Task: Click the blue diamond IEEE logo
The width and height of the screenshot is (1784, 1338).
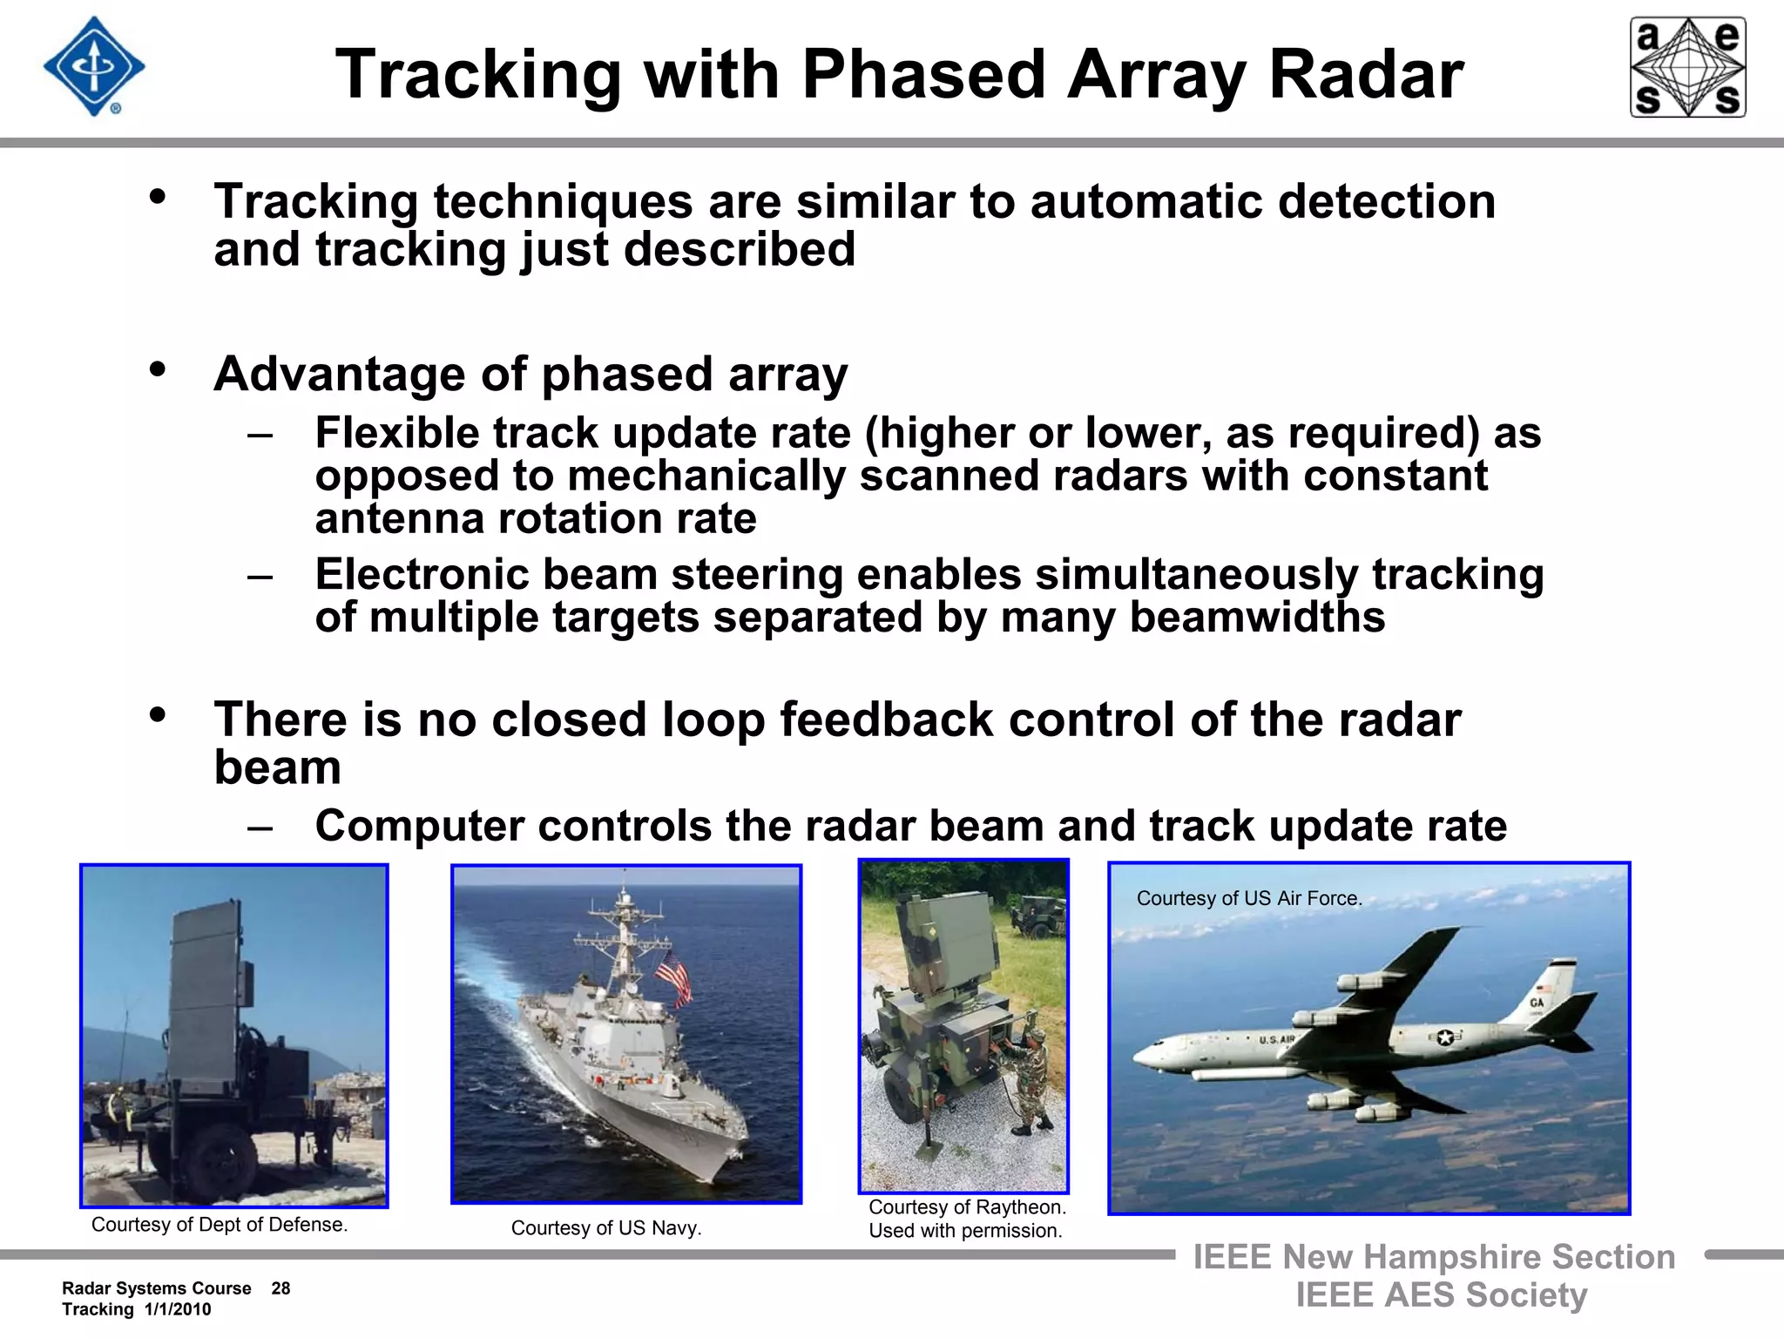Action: coord(94,67)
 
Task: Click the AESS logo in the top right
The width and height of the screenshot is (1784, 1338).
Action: coord(1687,67)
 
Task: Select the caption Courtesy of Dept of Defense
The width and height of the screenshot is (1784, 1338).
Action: coord(220,1225)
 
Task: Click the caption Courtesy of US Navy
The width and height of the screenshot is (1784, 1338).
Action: coord(605,1228)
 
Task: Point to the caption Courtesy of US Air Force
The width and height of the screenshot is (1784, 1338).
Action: coord(1249,898)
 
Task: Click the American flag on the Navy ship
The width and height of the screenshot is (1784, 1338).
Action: coord(672,976)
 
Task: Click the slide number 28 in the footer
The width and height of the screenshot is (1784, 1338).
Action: coord(280,1288)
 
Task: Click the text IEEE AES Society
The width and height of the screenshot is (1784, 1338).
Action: coord(1441,1295)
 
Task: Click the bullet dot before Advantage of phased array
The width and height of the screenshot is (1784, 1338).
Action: coord(158,369)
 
